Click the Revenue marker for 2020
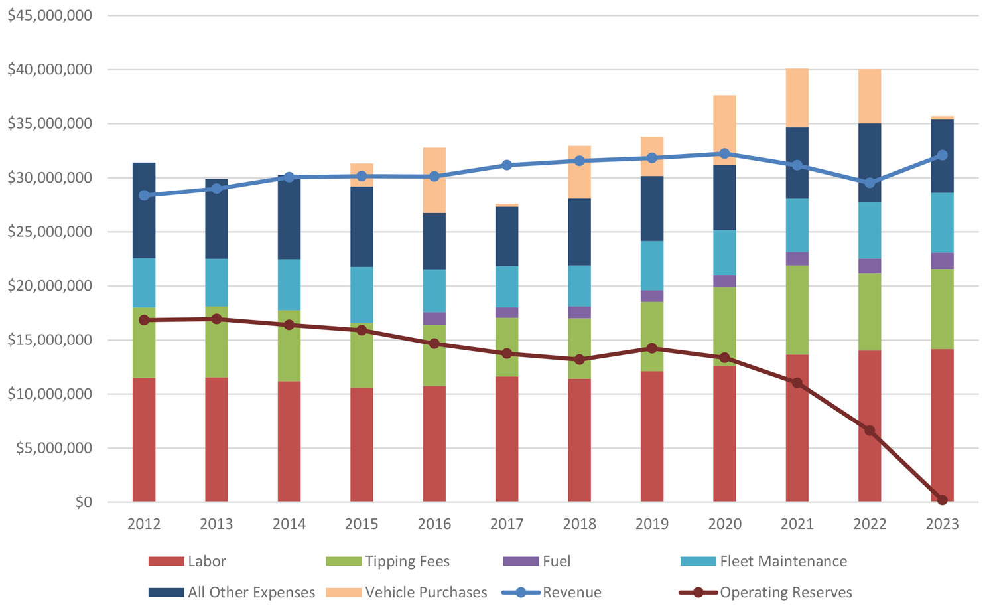point(724,153)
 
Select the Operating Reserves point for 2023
point(942,500)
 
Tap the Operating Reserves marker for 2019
point(652,348)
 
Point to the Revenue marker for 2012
point(144,195)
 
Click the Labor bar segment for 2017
point(507,439)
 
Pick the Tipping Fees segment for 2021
point(797,310)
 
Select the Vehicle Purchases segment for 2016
point(434,180)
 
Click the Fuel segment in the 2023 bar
point(942,261)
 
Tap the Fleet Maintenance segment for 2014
point(289,285)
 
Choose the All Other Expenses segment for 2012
point(144,210)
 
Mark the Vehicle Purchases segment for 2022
point(870,96)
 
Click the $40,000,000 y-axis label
point(50,70)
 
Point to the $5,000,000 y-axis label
point(54,448)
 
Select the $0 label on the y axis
point(84,502)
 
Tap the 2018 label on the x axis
point(579,524)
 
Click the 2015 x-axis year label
point(362,524)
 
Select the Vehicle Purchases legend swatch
point(344,593)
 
